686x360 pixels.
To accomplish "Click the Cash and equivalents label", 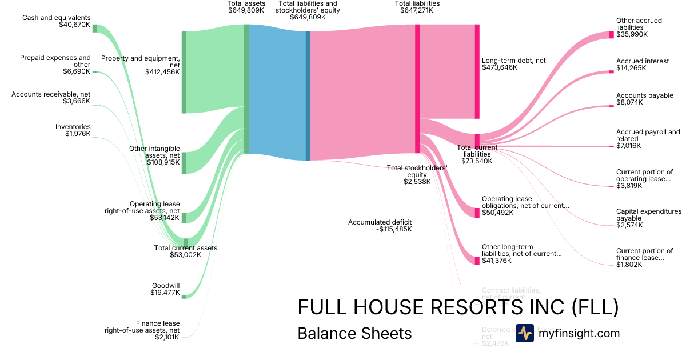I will (x=56, y=18).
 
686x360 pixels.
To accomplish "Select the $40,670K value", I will (x=74, y=25).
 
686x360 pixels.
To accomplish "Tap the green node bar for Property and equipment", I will (x=184, y=72).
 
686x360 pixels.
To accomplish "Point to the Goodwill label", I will (x=166, y=285).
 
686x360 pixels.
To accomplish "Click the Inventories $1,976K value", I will (x=78, y=134).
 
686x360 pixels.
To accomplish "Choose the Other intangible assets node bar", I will (x=184, y=163).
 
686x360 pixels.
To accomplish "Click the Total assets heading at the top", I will (x=246, y=3).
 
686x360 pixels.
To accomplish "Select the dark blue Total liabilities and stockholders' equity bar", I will (x=308, y=95).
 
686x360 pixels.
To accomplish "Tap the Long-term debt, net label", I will (x=514, y=60).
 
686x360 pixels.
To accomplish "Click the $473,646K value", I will (x=500, y=67).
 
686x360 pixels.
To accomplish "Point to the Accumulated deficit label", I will (x=380, y=222).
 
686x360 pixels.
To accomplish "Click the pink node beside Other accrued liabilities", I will (x=611, y=34).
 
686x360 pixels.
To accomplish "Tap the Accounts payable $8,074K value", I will (x=629, y=103).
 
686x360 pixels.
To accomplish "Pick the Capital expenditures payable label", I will (x=649, y=215).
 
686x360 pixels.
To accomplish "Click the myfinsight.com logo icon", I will (x=524, y=333).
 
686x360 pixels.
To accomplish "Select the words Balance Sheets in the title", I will (x=354, y=333).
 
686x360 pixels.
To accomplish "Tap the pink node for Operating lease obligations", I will (x=477, y=213).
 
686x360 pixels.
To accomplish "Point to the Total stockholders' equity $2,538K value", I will (x=417, y=182).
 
